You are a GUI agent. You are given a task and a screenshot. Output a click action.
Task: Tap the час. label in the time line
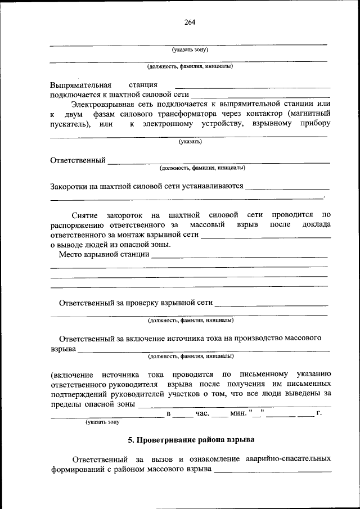coord(202,414)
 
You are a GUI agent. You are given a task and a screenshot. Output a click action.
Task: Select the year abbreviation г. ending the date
coord(319,414)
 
